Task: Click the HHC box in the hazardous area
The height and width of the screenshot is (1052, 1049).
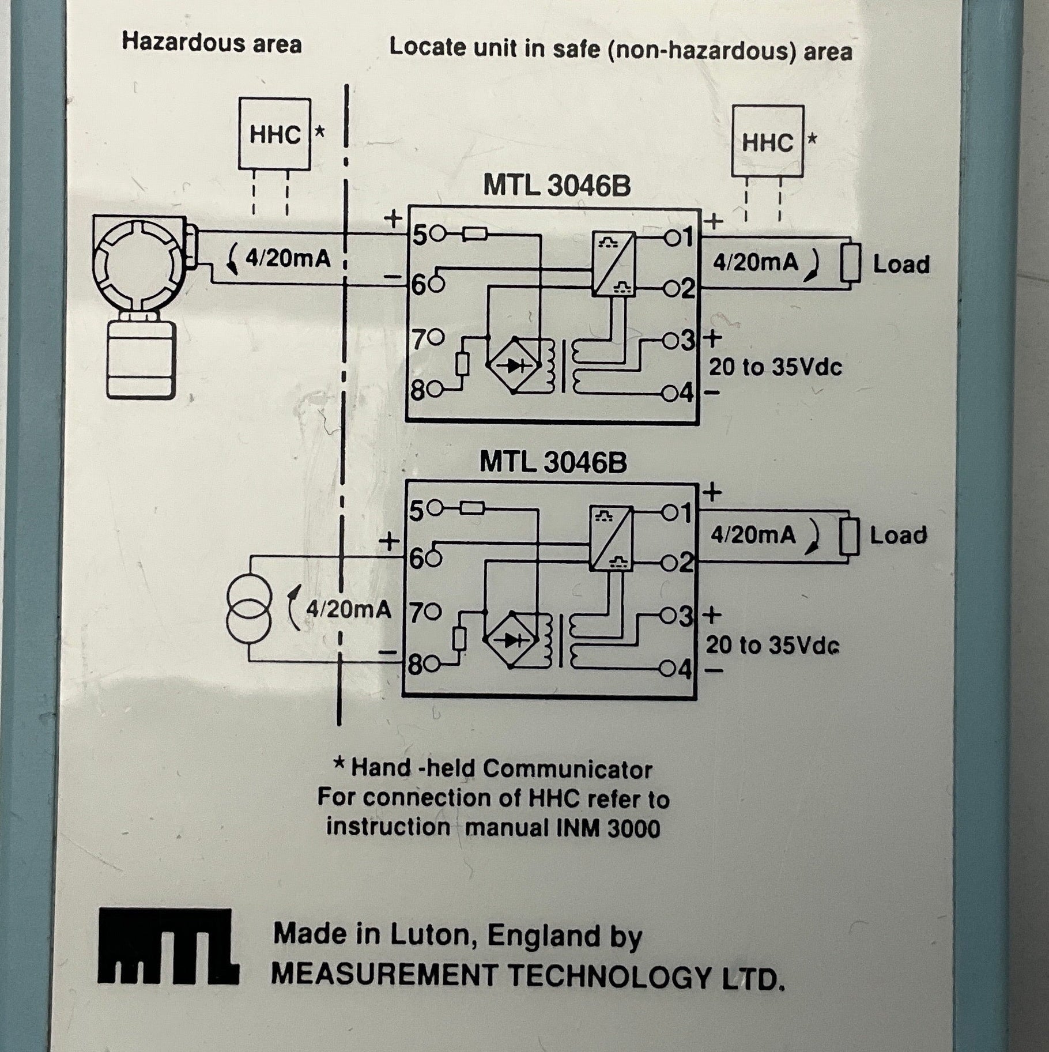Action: [x=275, y=134]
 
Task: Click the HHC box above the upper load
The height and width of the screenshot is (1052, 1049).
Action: [x=767, y=141]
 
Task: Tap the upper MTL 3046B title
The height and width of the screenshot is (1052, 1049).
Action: [x=556, y=186]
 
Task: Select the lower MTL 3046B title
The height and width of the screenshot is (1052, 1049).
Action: [x=553, y=462]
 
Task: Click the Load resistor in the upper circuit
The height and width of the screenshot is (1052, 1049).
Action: [x=850, y=263]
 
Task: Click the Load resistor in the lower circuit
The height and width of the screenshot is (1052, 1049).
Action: [x=848, y=536]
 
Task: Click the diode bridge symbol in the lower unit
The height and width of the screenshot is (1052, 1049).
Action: [x=510, y=639]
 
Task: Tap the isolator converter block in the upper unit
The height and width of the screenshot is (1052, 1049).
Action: [x=614, y=263]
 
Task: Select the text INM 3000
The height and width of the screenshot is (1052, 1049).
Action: [x=608, y=828]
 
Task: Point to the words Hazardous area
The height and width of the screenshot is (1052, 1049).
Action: [x=212, y=43]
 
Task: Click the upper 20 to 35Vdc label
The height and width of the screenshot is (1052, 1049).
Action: [x=775, y=367]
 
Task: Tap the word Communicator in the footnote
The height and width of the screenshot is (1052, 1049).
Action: [x=567, y=769]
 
